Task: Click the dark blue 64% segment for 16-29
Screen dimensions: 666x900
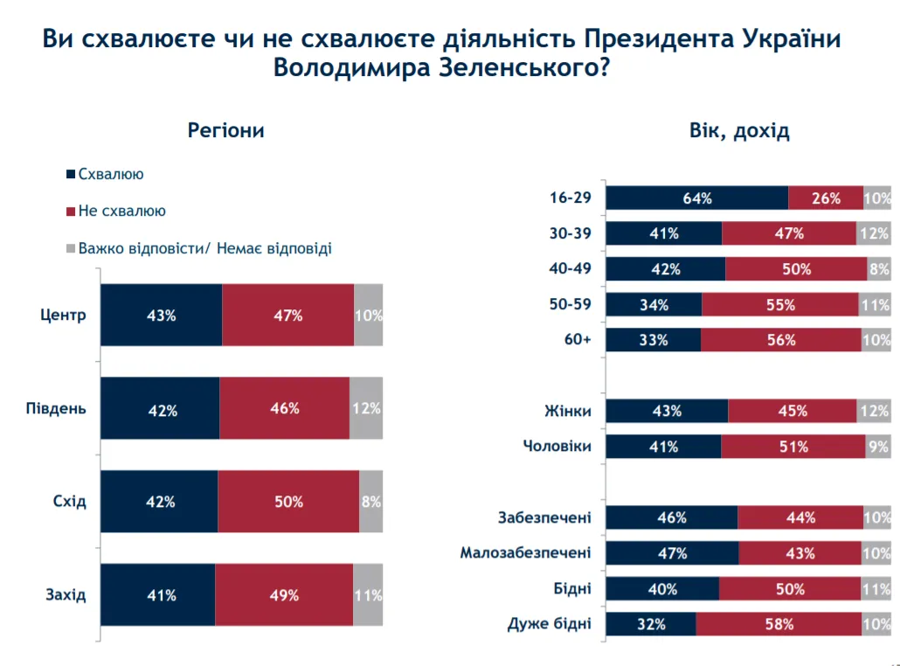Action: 696,198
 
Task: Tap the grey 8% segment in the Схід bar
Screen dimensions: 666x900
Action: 370,502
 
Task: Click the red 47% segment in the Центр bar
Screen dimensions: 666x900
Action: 287,316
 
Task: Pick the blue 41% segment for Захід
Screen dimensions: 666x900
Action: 158,595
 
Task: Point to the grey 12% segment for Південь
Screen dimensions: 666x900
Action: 366,408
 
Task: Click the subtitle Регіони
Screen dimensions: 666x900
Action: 225,131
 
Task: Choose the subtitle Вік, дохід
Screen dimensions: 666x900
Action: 739,131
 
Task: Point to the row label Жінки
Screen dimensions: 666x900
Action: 568,411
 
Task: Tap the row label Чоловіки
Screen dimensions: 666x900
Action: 557,447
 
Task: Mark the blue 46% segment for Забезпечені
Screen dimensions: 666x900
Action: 671,517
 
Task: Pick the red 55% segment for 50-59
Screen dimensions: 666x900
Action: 779,304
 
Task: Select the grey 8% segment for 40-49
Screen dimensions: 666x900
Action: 878,269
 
